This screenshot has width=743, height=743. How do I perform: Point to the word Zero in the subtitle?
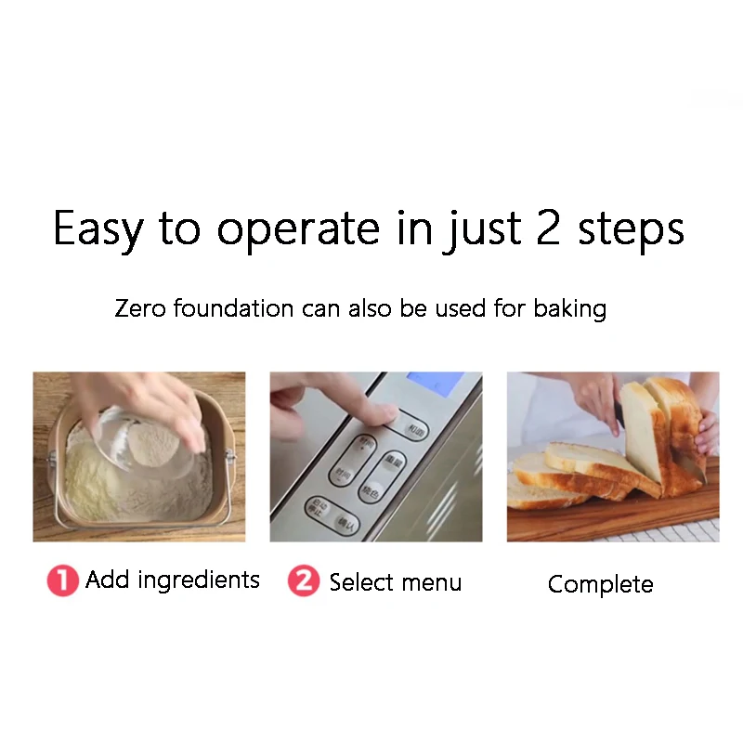[x=137, y=308]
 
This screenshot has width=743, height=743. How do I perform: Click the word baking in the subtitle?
[x=569, y=309]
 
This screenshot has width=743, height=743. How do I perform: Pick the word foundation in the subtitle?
[x=231, y=308]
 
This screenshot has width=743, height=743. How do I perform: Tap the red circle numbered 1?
[x=63, y=581]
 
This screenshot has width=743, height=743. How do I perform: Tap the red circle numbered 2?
[x=303, y=581]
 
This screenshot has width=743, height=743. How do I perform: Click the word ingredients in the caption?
[x=202, y=581]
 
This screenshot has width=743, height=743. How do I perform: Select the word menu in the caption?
[x=428, y=583]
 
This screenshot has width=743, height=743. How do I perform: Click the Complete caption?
[x=600, y=584]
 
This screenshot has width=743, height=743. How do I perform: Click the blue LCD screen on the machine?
[x=435, y=382]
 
